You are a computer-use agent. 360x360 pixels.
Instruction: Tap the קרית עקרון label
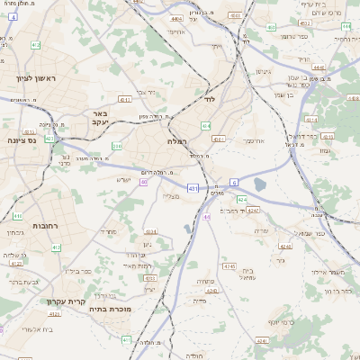coord(89,301)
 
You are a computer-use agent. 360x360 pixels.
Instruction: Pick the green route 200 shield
coord(116,145)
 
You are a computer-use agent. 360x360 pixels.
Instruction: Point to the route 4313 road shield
coord(125,99)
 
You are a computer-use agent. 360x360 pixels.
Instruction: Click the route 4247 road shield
coord(255,210)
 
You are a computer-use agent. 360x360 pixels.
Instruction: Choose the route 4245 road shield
coord(229,266)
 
